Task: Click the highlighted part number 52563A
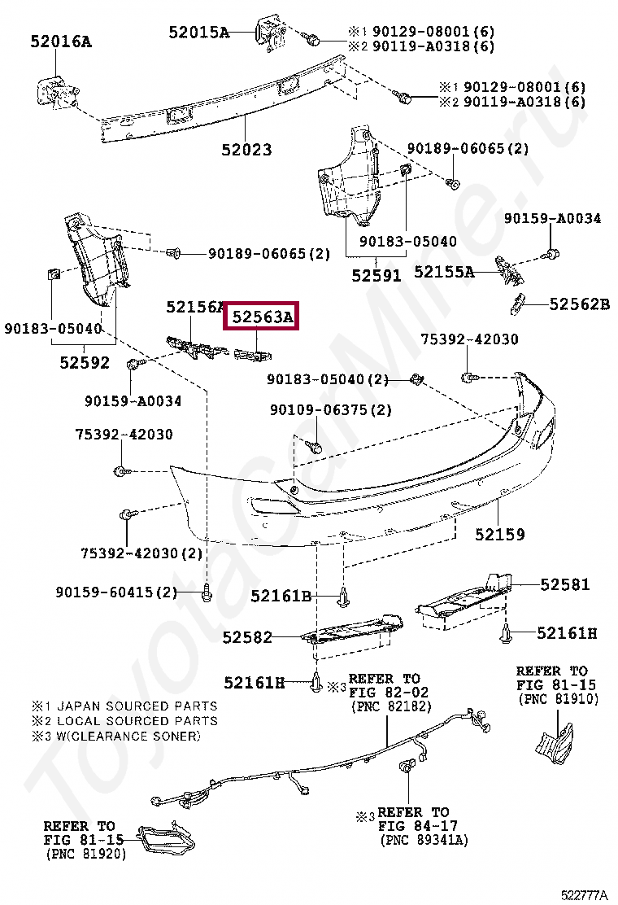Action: click(262, 317)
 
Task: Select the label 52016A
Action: click(61, 41)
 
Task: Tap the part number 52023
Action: click(246, 150)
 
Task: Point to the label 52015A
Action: click(199, 33)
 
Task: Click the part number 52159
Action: click(500, 535)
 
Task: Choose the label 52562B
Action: click(579, 304)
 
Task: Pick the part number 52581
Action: click(564, 584)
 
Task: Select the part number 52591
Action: click(376, 276)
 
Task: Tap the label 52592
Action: click(84, 362)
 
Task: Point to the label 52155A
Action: click(444, 272)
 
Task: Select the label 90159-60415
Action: click(116, 592)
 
